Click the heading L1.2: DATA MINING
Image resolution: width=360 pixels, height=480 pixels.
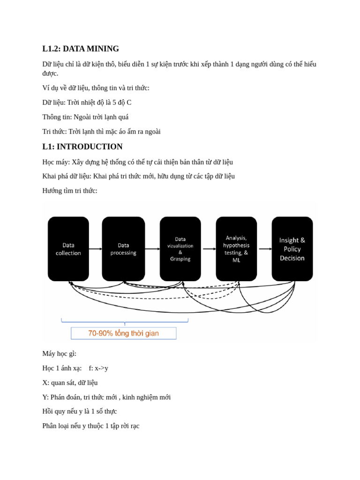(81, 49)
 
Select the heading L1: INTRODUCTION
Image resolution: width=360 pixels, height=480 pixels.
(82, 147)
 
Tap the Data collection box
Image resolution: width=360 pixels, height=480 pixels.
(68, 249)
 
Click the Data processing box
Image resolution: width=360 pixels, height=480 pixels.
(123, 249)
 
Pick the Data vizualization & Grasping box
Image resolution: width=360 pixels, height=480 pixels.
(180, 249)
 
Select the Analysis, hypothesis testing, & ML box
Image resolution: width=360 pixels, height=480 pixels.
(236, 249)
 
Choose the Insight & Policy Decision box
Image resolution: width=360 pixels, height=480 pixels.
(292, 249)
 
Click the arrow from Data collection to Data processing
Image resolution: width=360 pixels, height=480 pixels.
(95, 249)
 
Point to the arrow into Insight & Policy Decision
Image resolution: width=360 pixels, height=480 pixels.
(265, 249)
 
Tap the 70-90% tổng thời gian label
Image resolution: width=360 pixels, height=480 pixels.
(124, 333)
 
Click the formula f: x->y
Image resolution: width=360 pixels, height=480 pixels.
(98, 368)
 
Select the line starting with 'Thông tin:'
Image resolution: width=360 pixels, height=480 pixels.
(85, 117)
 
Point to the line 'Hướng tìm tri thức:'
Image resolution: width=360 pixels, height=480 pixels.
(70, 191)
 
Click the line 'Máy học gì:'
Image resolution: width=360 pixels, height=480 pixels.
(60, 353)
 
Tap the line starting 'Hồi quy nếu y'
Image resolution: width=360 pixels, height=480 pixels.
(80, 411)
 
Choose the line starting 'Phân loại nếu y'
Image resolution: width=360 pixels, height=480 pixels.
(91, 426)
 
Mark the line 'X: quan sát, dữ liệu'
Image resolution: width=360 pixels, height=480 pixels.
(70, 382)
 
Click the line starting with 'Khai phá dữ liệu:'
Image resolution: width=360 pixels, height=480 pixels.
(138, 176)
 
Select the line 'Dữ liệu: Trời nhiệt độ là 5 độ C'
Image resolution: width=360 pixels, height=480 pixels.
(87, 102)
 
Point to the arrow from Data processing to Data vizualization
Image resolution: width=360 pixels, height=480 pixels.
(152, 249)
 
